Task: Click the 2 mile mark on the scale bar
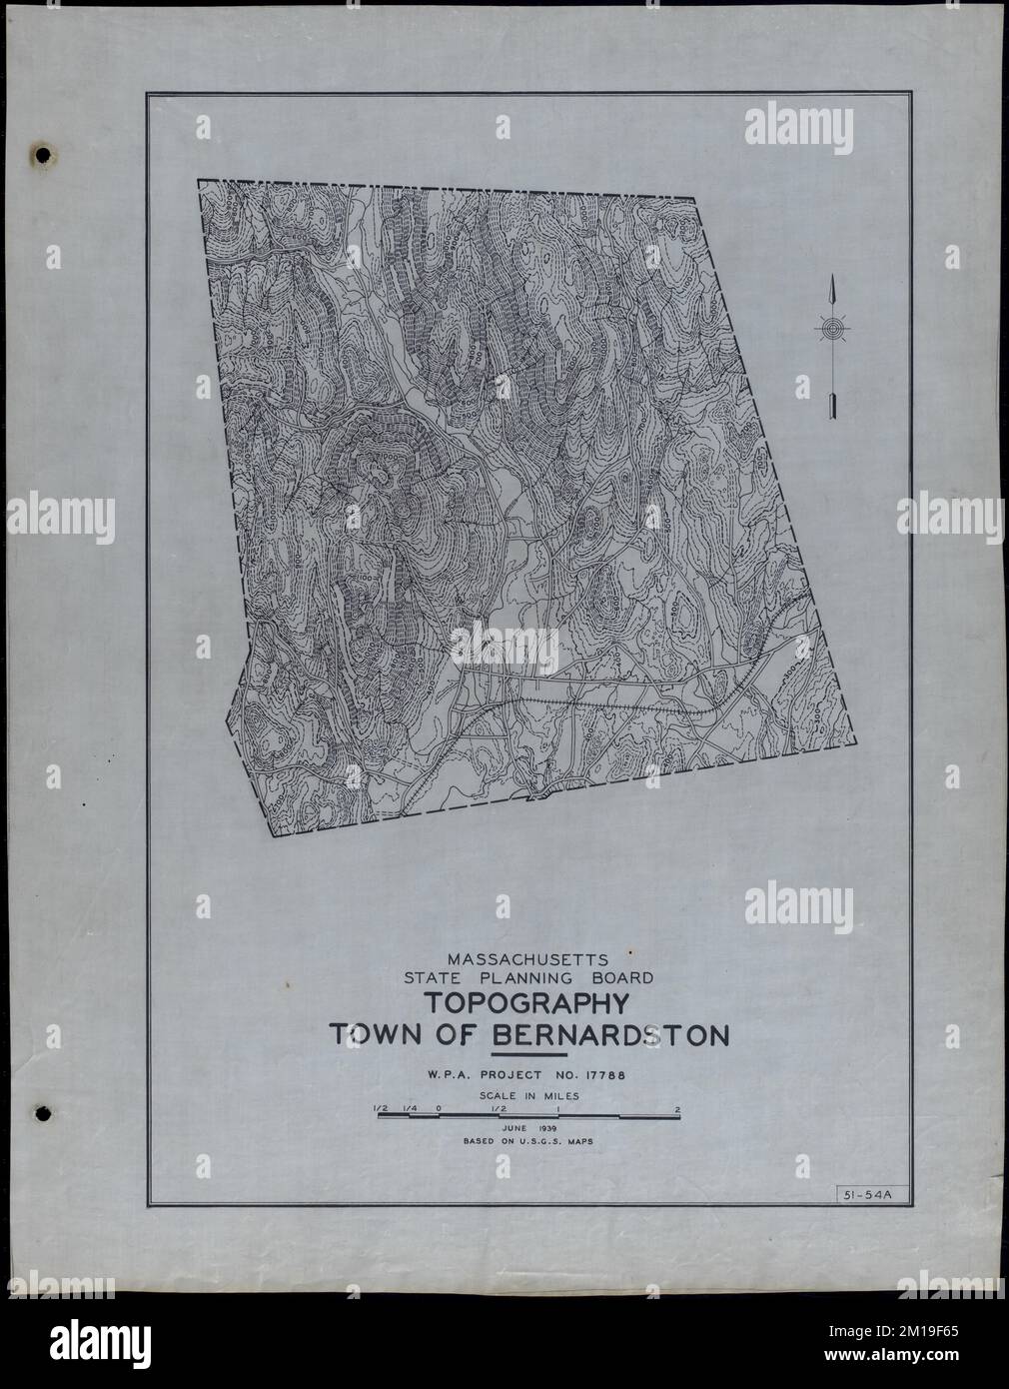677,1108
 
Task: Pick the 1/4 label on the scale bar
410,1108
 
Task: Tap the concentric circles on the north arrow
831,328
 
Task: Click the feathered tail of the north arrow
831,405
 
